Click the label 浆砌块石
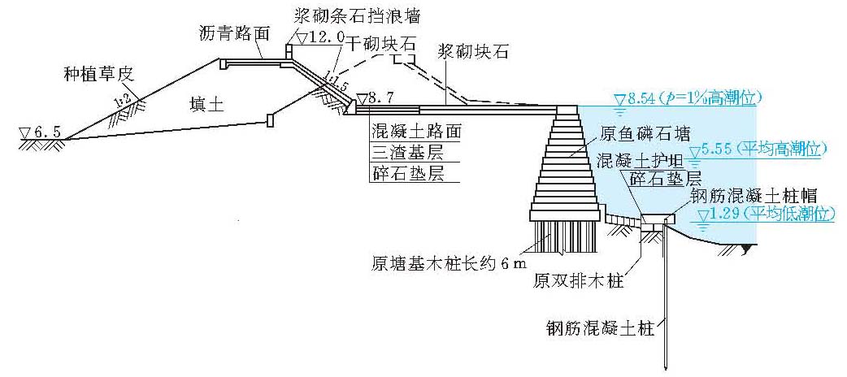pos(472,52)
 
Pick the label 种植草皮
pos(98,74)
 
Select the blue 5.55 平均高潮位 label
pos(765,150)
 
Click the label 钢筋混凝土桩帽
pos(759,195)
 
